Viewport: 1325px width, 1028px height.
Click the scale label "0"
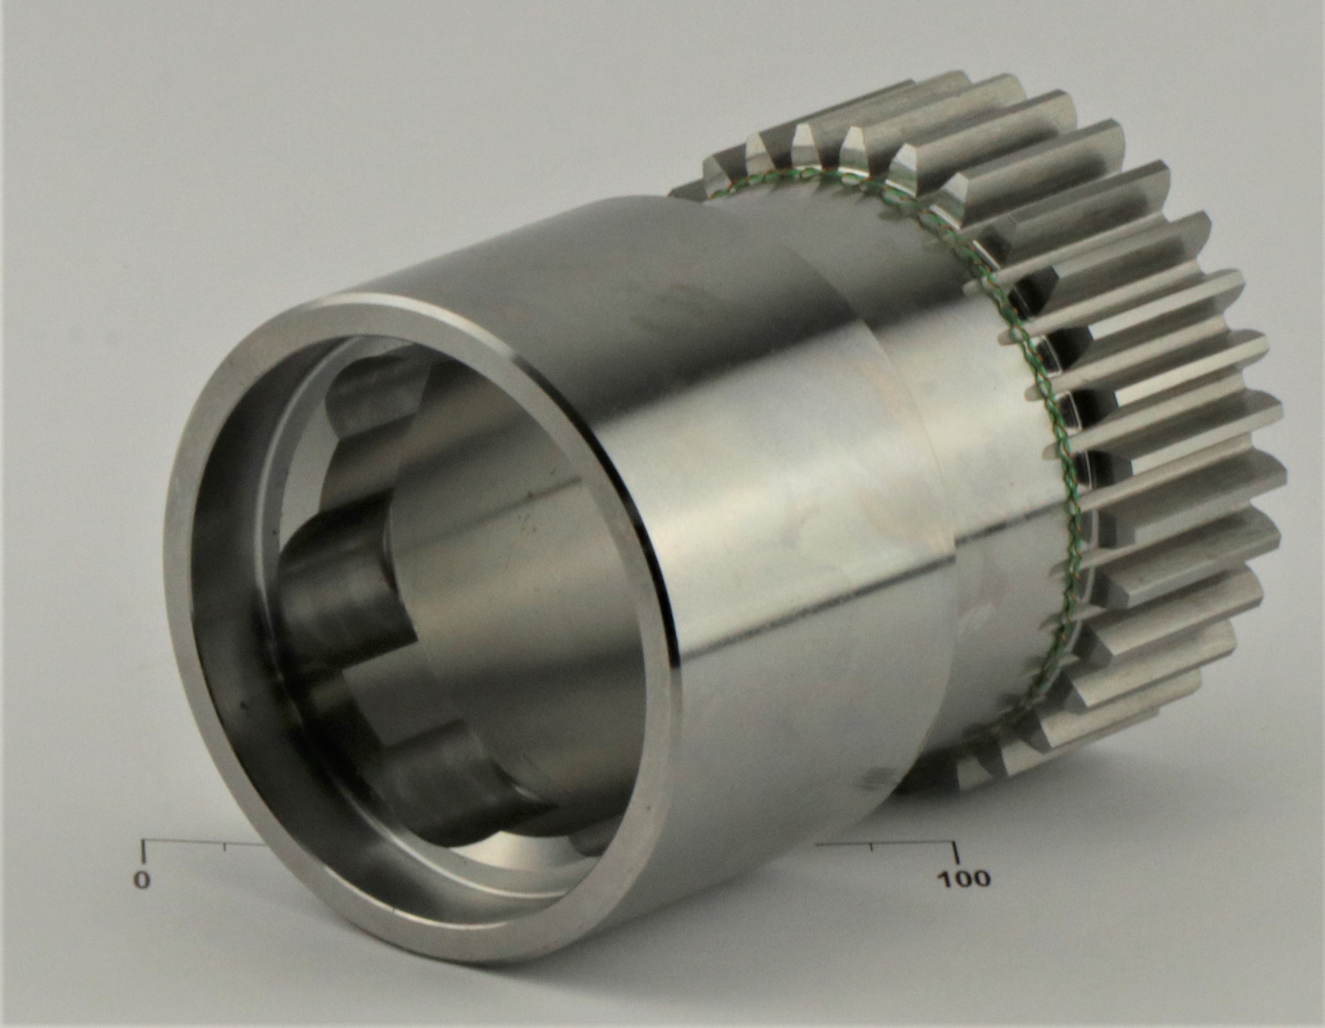pos(141,879)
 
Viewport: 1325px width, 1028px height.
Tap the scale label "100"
pos(964,878)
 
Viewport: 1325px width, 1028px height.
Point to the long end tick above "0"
pos(143,851)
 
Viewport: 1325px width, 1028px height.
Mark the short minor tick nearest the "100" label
pos(872,847)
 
